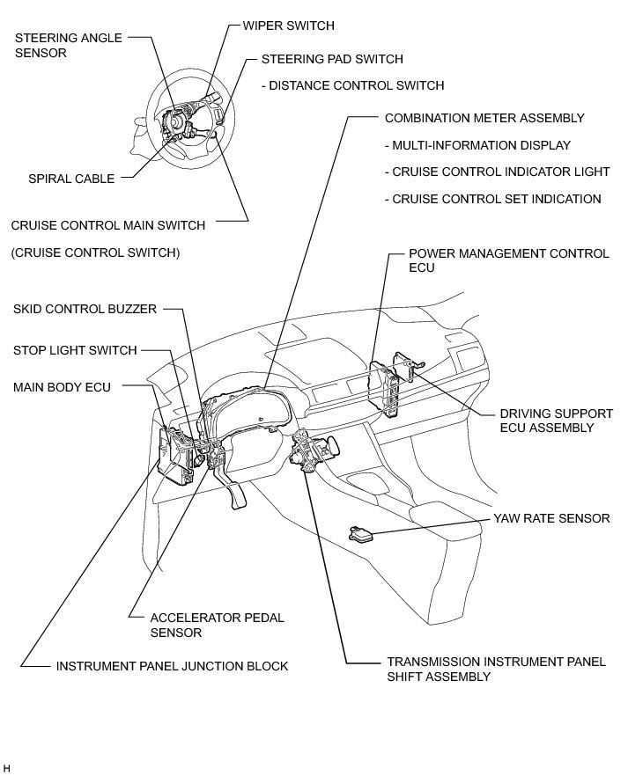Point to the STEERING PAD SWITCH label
[x=332, y=59]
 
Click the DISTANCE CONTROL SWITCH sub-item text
[x=352, y=85]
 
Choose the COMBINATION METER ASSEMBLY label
[x=484, y=117]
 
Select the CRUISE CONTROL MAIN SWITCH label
[x=108, y=225]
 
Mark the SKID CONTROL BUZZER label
[x=85, y=309]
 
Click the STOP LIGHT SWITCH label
[x=75, y=350]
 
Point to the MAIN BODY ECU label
[x=62, y=386]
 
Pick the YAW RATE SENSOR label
[x=551, y=518]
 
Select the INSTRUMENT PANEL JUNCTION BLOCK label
[x=172, y=666]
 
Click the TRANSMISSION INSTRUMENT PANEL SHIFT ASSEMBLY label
[x=496, y=669]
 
